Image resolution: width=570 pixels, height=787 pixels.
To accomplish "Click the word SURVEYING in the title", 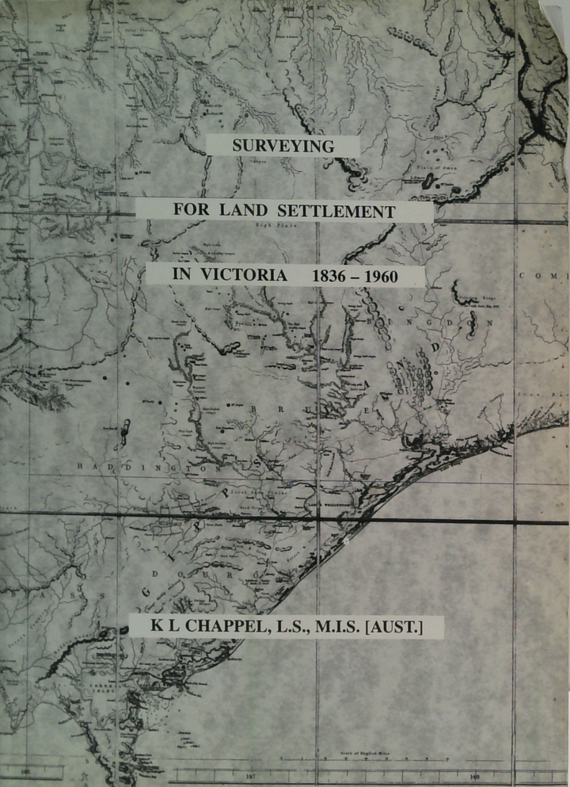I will tap(283, 147).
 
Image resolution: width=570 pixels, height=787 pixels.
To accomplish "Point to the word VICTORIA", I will tap(239, 277).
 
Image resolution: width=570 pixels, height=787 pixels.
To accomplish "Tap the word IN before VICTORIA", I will tap(181, 277).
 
